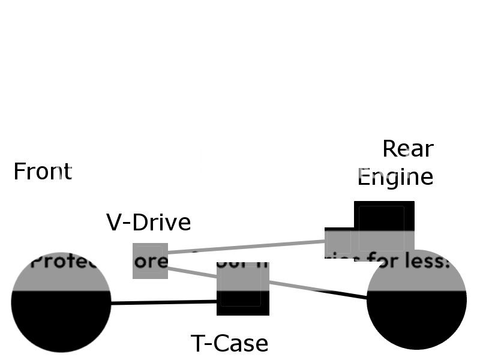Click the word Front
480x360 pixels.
pos(42,172)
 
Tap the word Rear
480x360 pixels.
pos(407,149)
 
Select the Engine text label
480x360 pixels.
pos(395,177)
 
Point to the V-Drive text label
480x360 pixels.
pos(148,223)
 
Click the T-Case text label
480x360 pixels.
pos(229,344)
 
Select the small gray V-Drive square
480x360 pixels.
pos(150,260)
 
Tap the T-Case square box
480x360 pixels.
pos(242,289)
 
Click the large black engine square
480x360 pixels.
pos(384,216)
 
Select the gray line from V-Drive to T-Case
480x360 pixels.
pos(192,273)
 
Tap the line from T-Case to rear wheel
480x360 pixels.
pos(318,290)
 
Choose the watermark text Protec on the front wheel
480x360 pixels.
pos(60,262)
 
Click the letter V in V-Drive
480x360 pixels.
pos(113,223)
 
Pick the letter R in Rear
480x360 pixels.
pos(390,149)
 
